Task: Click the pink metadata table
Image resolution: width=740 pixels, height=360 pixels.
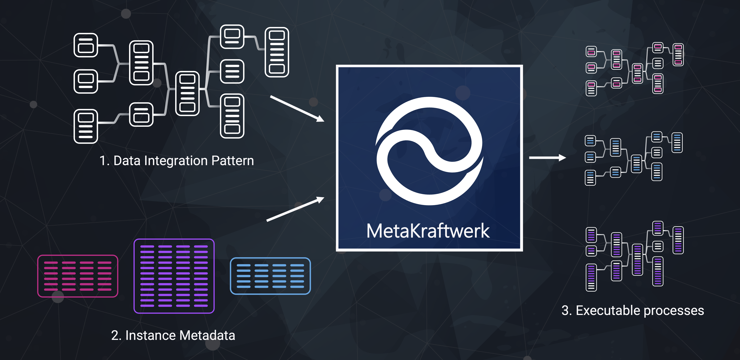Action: pos(78,276)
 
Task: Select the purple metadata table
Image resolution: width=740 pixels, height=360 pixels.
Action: pos(174,276)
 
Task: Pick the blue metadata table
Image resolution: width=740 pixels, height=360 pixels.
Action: pos(270,276)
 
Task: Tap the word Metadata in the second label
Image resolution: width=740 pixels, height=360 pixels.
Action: pos(207,335)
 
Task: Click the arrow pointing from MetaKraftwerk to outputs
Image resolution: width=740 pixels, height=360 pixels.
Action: pos(547,158)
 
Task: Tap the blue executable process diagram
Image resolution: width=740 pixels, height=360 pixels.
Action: pos(633,158)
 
